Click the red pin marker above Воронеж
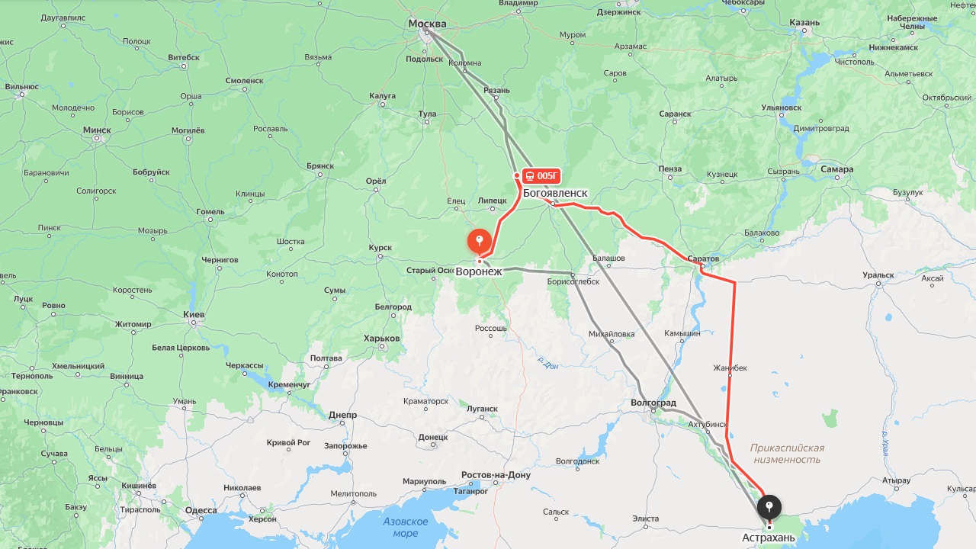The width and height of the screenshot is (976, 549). pos(479,242)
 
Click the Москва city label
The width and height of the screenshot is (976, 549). pos(427,24)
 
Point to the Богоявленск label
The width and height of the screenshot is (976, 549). pos(555,193)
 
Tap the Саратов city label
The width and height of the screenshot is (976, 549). pos(703,258)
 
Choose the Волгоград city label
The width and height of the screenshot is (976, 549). pos(653,403)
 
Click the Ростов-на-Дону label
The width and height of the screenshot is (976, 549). pos(496,475)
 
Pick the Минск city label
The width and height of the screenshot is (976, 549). pos(97,130)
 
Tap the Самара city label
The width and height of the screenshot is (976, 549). pos(837,169)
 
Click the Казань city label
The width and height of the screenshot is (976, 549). pos(804,22)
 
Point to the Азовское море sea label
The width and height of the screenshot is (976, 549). pos(406,527)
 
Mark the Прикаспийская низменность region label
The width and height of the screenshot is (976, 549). pos(787,454)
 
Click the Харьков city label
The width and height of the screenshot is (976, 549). pos(381,338)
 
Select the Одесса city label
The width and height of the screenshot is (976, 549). pos(201,511)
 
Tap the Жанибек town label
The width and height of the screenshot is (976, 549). pos(730,368)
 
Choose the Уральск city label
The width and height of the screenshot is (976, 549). pos(878,274)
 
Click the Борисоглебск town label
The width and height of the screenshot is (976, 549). pos(573,281)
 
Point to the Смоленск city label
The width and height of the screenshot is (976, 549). pos(244,80)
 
